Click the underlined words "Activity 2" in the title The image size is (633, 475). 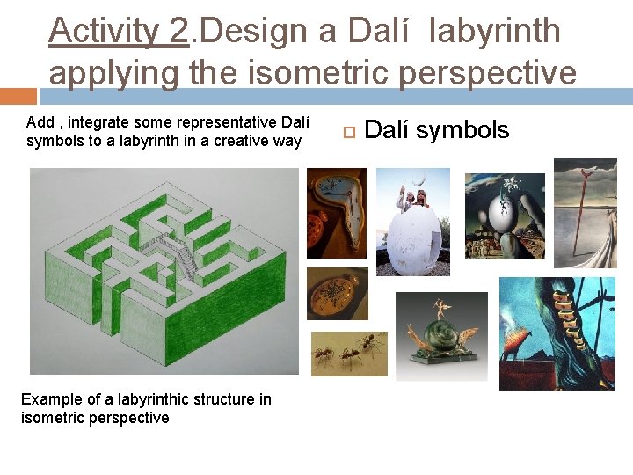coord(119,32)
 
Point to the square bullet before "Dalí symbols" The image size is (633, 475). coord(347,132)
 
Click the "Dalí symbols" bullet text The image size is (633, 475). coord(436,130)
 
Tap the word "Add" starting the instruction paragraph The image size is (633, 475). coord(40,122)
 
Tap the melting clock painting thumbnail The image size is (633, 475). coord(337,214)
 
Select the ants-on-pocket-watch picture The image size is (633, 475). coord(337,294)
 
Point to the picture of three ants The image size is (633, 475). coord(349,354)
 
